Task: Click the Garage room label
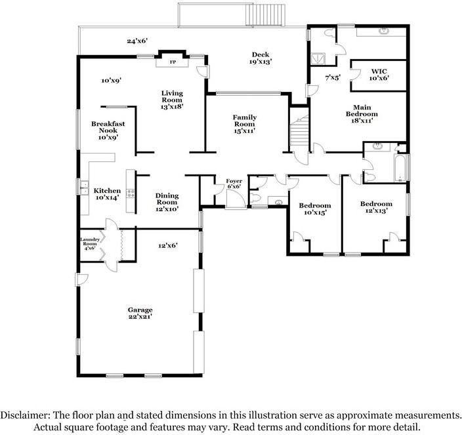(x=140, y=314)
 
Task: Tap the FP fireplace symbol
(x=173, y=62)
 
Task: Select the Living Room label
(x=172, y=99)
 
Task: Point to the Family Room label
(x=244, y=124)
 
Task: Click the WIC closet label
(x=380, y=74)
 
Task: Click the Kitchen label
(x=106, y=194)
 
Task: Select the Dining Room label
(x=167, y=201)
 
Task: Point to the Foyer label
(x=234, y=183)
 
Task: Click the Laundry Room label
(x=89, y=243)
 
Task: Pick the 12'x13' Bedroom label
(x=376, y=207)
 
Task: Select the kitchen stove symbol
(x=131, y=193)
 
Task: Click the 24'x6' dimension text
(x=137, y=41)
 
